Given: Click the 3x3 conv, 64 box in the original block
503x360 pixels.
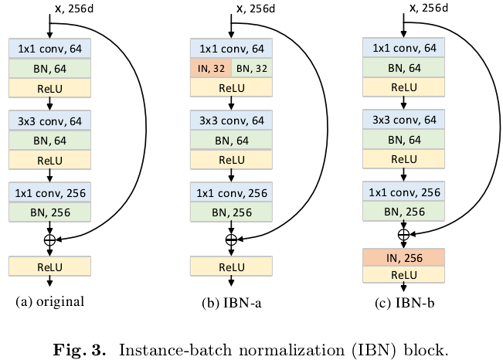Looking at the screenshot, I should (x=50, y=121).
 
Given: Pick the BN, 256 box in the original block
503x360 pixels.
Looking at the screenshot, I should (x=50, y=211).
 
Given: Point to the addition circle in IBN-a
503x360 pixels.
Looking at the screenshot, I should (x=230, y=239).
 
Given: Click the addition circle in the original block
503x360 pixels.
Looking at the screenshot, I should (x=49, y=239).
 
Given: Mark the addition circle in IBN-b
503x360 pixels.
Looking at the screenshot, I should (x=403, y=233).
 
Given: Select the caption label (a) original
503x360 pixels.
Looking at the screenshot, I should (x=49, y=301).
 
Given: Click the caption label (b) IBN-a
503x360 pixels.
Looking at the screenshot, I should (x=229, y=302).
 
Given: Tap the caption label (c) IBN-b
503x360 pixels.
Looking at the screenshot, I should (x=402, y=302).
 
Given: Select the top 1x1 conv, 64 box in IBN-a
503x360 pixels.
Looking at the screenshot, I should (x=230, y=49).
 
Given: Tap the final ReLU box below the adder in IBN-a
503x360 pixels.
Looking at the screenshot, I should (x=230, y=267).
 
